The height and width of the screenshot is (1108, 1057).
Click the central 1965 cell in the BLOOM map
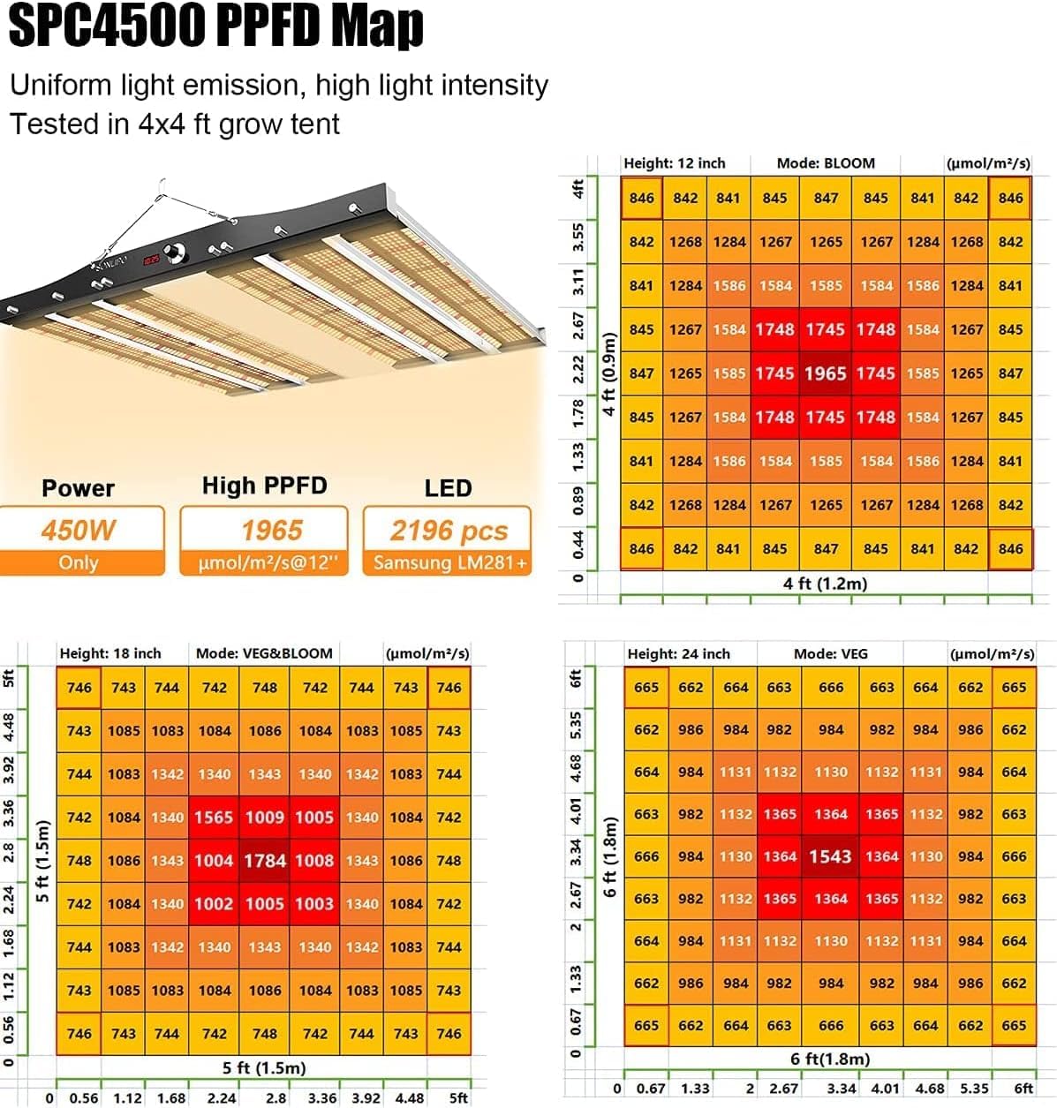click(x=825, y=373)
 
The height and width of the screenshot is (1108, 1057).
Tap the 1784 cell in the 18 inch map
click(x=264, y=861)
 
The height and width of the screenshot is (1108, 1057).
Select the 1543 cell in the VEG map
click(x=830, y=856)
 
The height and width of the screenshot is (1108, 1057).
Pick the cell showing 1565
click(x=214, y=818)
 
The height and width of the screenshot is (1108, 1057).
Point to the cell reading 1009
click(x=264, y=818)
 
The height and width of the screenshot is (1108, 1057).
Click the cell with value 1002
click(x=214, y=904)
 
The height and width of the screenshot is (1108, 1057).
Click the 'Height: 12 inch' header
click(x=674, y=163)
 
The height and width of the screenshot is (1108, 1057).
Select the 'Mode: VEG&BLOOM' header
click(x=264, y=653)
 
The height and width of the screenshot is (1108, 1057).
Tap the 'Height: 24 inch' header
click(x=678, y=654)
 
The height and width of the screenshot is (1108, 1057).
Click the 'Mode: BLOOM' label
click(x=826, y=163)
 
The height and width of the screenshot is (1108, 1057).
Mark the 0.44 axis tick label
click(x=578, y=545)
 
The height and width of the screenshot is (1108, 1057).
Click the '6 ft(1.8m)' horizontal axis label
click(x=830, y=1059)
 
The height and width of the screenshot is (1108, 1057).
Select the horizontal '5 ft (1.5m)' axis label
click(x=264, y=1068)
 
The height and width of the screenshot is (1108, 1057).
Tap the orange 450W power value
click(x=79, y=530)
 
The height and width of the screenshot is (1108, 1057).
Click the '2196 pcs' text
click(x=449, y=531)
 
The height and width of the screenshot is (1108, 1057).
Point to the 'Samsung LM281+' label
click(x=449, y=562)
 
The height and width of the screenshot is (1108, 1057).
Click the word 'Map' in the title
click(x=381, y=26)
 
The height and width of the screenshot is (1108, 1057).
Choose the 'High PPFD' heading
click(x=264, y=486)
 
